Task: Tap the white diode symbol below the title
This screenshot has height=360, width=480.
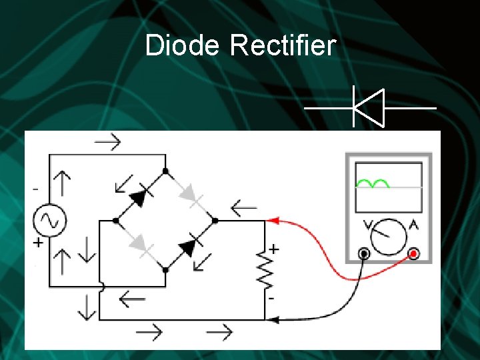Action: click(369, 107)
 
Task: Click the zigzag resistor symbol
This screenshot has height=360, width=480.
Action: click(265, 269)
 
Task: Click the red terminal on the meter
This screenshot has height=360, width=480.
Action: click(414, 253)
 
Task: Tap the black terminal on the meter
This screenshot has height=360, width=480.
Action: click(364, 253)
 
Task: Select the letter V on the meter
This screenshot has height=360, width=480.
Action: click(367, 224)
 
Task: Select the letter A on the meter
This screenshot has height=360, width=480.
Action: click(413, 224)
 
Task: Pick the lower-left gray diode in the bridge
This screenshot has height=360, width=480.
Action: click(140, 245)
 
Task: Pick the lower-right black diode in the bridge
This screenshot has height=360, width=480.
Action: click(189, 245)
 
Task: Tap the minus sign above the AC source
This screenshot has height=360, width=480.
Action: click(35, 189)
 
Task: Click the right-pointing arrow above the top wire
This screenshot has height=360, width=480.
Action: click(107, 141)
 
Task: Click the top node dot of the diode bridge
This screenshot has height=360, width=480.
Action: click(165, 171)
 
